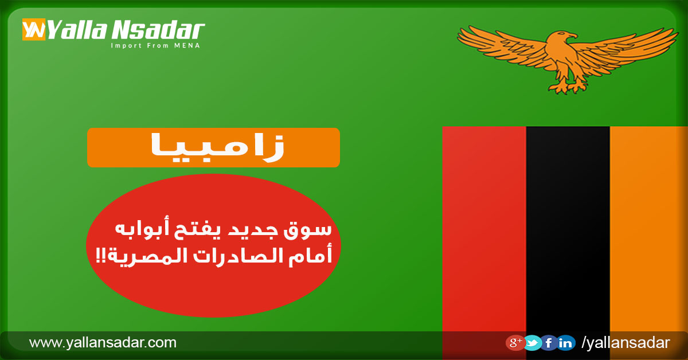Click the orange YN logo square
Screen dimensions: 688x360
coord(34,29)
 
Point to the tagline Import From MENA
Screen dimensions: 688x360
coord(155,46)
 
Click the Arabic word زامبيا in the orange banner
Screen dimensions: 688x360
coord(217,147)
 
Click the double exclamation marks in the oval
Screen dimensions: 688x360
coord(100,255)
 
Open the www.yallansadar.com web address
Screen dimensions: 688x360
coord(103,342)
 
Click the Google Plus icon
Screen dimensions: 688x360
coord(515,343)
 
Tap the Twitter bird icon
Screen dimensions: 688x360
coord(533,343)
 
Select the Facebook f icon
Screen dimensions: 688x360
coord(549,343)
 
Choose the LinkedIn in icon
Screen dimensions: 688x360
coord(566,343)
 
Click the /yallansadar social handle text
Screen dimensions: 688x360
coord(626,343)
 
